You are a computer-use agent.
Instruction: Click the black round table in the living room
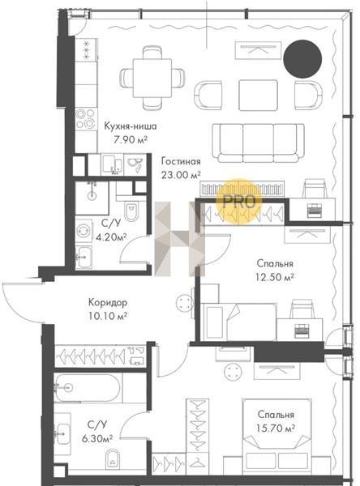click(x=302, y=59)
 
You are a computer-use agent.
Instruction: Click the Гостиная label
click(x=181, y=161)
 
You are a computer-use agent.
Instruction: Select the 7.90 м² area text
click(x=131, y=139)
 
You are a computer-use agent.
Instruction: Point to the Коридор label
click(x=108, y=302)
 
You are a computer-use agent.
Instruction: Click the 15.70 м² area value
click(x=276, y=428)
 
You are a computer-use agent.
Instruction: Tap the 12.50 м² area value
click(x=275, y=277)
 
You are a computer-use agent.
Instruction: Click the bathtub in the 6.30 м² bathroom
click(x=88, y=388)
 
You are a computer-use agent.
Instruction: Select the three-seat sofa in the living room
click(x=258, y=143)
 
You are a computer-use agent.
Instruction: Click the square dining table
click(x=152, y=78)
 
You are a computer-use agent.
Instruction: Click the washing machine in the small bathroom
click(x=84, y=231)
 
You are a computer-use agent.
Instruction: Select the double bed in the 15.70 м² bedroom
click(x=276, y=437)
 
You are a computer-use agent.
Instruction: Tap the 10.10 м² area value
click(x=108, y=316)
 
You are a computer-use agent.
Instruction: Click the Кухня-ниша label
click(x=131, y=126)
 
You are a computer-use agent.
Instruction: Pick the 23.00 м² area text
click(x=181, y=175)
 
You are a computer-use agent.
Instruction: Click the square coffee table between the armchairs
click(x=258, y=95)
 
